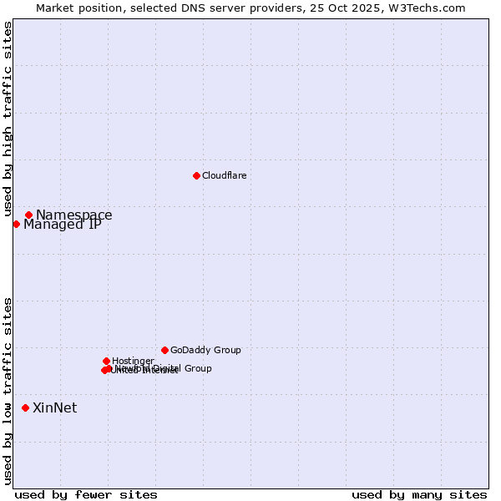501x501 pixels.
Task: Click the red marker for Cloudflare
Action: tap(196, 175)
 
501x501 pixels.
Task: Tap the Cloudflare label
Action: tap(224, 175)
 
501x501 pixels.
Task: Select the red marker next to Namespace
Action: tap(28, 215)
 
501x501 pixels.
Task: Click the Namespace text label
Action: tap(73, 215)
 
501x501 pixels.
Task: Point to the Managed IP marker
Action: tap(16, 224)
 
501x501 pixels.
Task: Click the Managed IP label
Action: tap(63, 225)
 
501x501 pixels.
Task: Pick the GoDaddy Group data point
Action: tap(164, 350)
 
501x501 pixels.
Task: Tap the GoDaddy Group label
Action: tap(205, 351)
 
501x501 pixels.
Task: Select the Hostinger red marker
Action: tap(106, 361)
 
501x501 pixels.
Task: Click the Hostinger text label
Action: tap(133, 362)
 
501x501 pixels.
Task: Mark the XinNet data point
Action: tap(25, 407)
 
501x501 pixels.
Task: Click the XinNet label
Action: tap(54, 408)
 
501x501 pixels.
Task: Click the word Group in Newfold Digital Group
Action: tap(196, 368)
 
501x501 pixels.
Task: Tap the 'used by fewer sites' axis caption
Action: tap(86, 495)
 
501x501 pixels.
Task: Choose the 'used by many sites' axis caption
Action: tap(419, 495)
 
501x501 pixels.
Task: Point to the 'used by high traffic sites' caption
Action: tap(8, 119)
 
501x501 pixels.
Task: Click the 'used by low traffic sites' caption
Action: tap(8, 391)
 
